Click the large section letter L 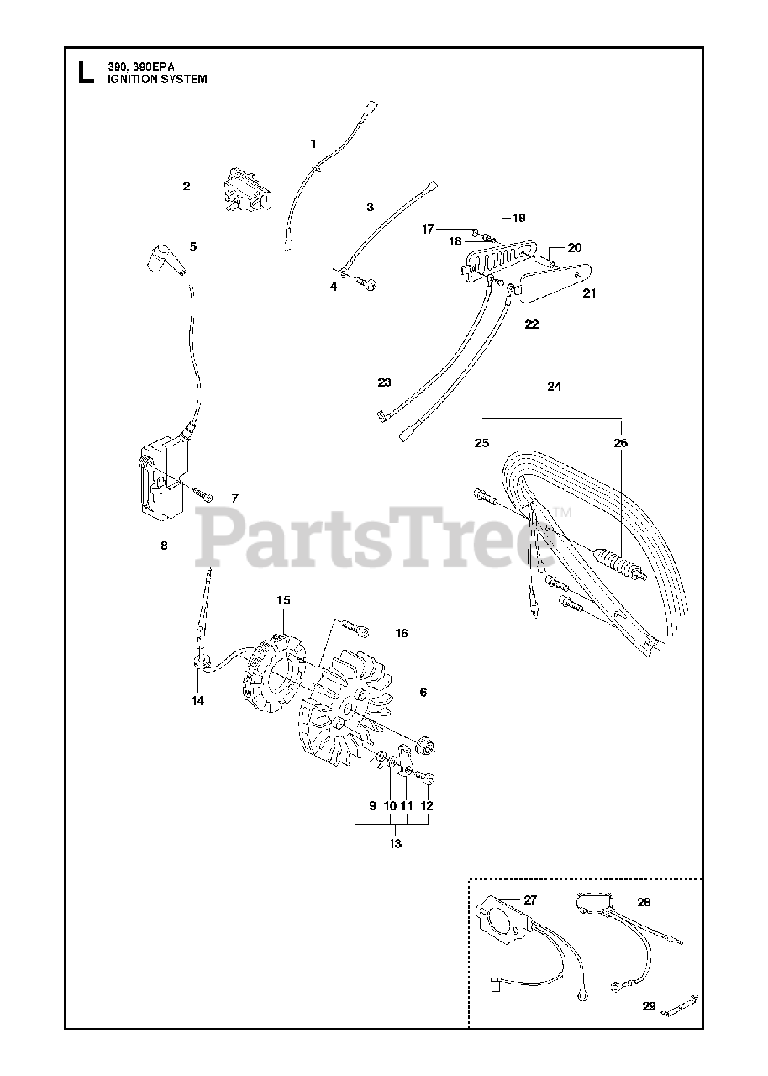pos(84,72)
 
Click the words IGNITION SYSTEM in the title pos(156,79)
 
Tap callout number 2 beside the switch pos(187,186)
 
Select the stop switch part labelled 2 pos(245,193)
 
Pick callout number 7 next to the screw pos(234,498)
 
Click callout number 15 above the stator pos(283,600)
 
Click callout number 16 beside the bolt pos(402,633)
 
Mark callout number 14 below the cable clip pos(197,700)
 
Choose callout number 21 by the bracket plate pos(589,293)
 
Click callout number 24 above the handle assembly pos(554,387)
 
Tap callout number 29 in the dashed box pos(648,1005)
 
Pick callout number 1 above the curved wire pos(313,144)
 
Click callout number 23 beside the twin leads pos(384,382)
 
